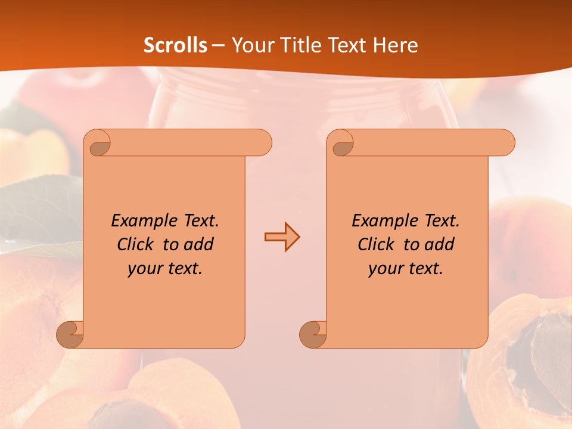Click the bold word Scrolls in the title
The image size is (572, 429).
coord(175,45)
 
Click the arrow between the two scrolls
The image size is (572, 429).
coord(282,237)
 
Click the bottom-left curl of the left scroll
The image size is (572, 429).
coord(70,334)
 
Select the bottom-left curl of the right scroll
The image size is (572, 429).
coord(313,334)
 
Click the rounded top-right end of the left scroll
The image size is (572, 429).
coord(261,143)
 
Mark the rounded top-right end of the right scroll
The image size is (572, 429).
coord(504,143)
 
